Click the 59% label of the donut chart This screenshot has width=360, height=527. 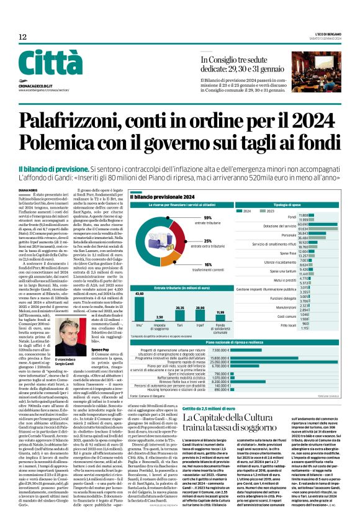tap(207, 218)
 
